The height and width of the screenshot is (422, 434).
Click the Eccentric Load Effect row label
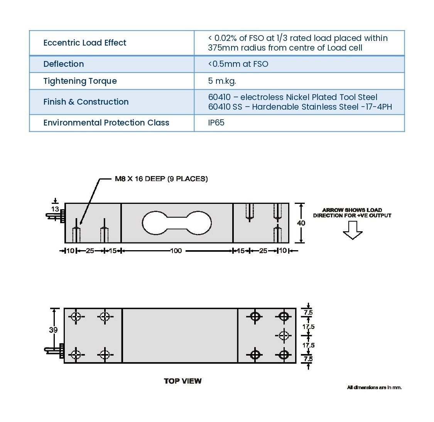(x=85, y=43)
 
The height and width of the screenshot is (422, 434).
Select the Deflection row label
(x=64, y=64)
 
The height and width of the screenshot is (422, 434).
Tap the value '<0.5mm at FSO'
(x=238, y=64)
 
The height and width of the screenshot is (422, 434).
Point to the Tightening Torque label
(x=80, y=81)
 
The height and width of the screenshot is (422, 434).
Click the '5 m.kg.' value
(x=222, y=81)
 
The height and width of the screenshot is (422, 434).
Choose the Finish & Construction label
(x=86, y=102)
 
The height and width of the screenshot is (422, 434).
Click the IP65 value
(x=216, y=123)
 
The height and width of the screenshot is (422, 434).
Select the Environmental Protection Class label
(x=106, y=123)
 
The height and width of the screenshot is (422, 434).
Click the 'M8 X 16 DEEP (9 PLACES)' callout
(x=161, y=179)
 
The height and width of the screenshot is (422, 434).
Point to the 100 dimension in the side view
(x=176, y=251)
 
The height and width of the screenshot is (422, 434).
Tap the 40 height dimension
(x=301, y=223)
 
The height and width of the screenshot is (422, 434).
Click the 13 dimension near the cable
(x=55, y=209)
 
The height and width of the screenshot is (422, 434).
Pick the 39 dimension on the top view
(x=53, y=330)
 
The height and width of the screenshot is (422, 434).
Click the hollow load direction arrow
(x=353, y=230)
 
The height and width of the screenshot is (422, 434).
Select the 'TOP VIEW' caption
(x=182, y=381)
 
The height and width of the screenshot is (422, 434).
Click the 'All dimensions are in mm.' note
(x=374, y=387)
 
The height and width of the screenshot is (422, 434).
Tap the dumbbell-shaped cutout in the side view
(x=177, y=223)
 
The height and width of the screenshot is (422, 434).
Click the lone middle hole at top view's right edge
(x=284, y=335)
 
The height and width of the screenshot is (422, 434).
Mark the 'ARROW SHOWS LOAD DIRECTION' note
(x=352, y=213)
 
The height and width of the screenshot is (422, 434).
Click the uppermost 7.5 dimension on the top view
(x=308, y=312)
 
